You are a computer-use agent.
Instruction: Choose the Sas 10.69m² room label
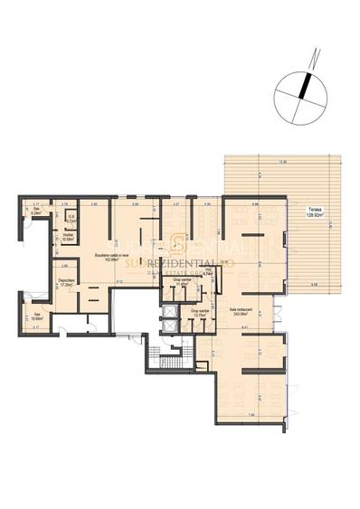37,316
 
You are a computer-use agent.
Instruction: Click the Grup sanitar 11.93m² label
180,282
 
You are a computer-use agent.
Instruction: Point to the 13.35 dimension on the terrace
282,163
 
